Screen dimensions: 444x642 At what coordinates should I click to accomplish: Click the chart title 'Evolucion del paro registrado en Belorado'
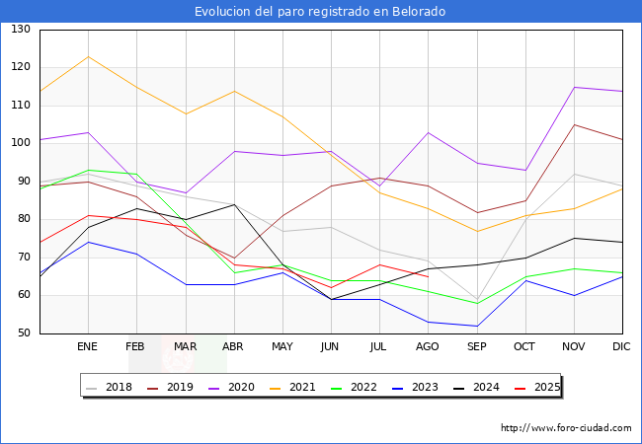(x=320, y=12)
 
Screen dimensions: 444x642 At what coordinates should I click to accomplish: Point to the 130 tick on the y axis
(x=21, y=30)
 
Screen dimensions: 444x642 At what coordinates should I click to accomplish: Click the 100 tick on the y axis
(x=21, y=144)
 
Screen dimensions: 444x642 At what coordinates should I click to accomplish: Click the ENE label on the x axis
(x=88, y=347)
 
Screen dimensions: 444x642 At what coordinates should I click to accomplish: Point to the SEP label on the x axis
(x=477, y=347)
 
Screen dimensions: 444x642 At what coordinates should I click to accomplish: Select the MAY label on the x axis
(x=282, y=347)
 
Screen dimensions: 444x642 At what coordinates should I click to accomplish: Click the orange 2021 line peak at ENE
(x=88, y=56)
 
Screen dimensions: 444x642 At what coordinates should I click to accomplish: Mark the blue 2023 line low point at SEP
(x=477, y=326)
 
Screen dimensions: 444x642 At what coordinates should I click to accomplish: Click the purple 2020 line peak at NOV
(x=574, y=87)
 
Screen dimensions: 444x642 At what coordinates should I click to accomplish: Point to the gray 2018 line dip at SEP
(x=477, y=300)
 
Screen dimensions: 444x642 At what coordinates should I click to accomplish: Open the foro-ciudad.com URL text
(x=566, y=428)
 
